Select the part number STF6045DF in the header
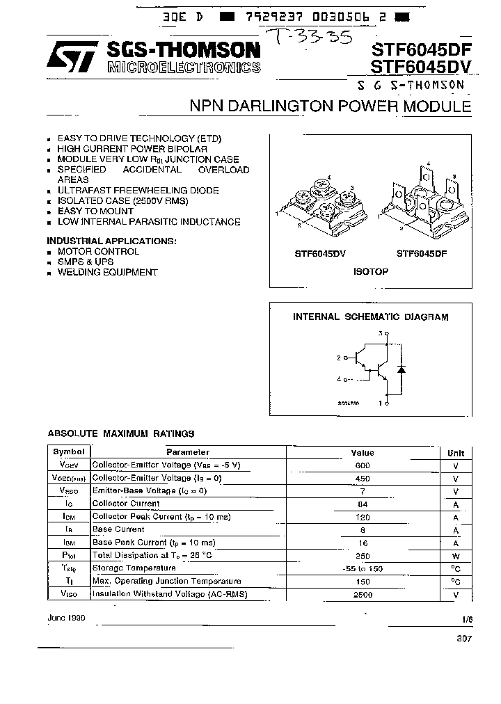coord(421,49)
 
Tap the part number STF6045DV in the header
coord(421,67)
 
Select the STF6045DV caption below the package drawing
coord(319,254)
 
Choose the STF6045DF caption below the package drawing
coord(422,254)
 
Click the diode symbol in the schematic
coord(401,369)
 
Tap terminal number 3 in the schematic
coord(381,334)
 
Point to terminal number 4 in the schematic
coord(339,379)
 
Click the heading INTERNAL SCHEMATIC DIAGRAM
coord(370,317)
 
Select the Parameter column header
coord(188,452)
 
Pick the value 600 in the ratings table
coord(363,465)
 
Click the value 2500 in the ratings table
coord(363,594)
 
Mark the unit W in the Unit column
coord(456,556)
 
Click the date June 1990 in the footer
coord(66,618)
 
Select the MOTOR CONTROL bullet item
coord(98,251)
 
